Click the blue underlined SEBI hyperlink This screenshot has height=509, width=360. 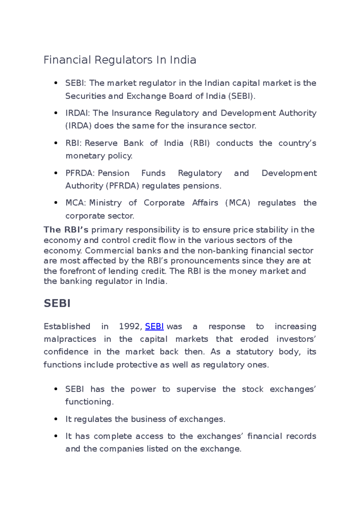click(154, 326)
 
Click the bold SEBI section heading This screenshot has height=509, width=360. click(57, 303)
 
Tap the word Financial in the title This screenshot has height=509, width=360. click(67, 60)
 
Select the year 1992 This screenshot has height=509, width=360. click(129, 326)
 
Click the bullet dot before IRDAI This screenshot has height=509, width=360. click(56, 113)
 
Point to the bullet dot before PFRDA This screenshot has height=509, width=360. click(56, 173)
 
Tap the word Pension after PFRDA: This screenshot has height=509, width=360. click(114, 173)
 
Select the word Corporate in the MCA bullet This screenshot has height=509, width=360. click(164, 203)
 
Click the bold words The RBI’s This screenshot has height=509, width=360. click(66, 230)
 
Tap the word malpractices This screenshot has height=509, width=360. click(70, 339)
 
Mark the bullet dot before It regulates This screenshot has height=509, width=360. click(56, 419)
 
